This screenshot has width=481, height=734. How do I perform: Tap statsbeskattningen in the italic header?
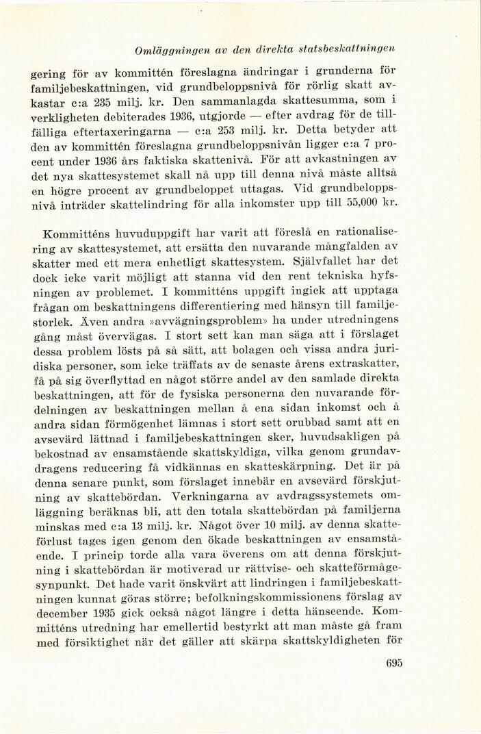(x=354, y=49)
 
